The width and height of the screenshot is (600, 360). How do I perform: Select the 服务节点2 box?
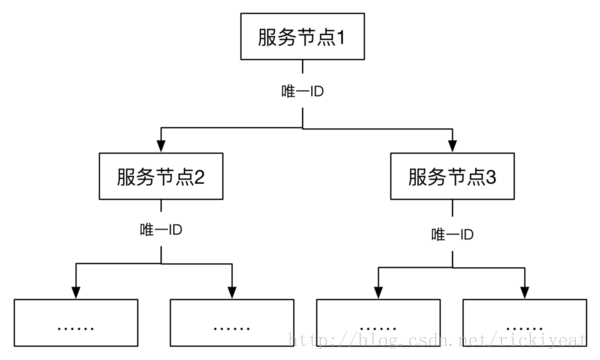click(x=160, y=178)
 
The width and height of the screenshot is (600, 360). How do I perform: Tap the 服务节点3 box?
click(x=452, y=178)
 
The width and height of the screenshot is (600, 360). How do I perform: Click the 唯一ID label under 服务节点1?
click(x=301, y=92)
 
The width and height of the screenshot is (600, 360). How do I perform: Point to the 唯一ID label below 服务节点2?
click(x=160, y=230)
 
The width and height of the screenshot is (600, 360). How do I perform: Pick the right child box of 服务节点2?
click(x=232, y=322)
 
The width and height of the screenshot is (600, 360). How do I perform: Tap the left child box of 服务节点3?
click(x=378, y=322)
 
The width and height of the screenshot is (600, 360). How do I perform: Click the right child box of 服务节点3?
click(x=525, y=322)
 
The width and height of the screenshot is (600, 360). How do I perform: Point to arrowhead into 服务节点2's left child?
click(x=78, y=291)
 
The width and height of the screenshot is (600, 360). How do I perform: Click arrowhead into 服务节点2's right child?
click(x=232, y=291)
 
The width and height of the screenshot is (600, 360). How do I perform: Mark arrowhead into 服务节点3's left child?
click(x=378, y=291)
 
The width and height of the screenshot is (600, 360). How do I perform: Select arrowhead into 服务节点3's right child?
click(x=525, y=291)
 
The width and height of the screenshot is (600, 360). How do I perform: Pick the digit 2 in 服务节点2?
click(x=200, y=179)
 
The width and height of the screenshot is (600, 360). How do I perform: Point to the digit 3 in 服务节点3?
click(x=492, y=179)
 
